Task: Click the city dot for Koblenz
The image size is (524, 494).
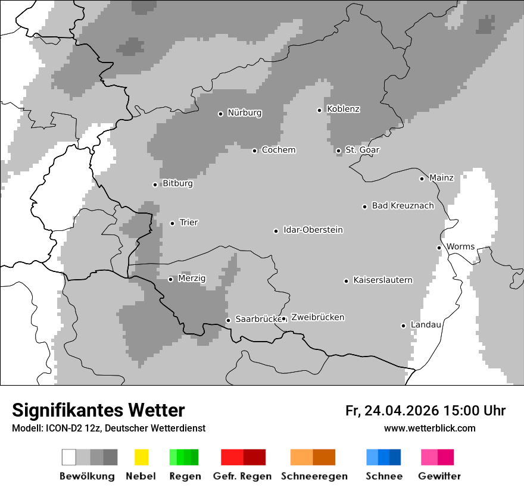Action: pos(320,110)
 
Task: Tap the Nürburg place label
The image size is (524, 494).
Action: pos(244,112)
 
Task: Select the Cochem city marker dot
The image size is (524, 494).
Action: pos(254,151)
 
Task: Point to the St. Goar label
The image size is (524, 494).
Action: pos(362,150)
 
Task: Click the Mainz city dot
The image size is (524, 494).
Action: pos(422,179)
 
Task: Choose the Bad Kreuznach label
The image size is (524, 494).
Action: pos(403,206)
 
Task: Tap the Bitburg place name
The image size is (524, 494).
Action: pos(177,184)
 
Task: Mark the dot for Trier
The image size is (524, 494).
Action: pos(173,223)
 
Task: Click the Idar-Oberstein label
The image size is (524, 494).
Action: pos(313,230)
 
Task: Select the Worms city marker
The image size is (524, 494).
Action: pos(439,248)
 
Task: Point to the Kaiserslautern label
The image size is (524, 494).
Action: pos(382,280)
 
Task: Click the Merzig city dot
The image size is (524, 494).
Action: pos(171,279)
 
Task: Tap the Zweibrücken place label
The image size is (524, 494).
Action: pos(317,317)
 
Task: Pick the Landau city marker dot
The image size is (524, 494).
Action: pos(404,326)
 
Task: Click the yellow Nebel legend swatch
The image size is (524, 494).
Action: pos(141,457)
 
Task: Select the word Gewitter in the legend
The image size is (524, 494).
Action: pos(439,476)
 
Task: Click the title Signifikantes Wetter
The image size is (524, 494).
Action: pos(98,410)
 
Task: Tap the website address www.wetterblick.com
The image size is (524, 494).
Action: pos(429,428)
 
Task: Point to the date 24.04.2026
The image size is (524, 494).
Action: pos(402,411)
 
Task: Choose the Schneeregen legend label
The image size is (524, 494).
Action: pos(314,476)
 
